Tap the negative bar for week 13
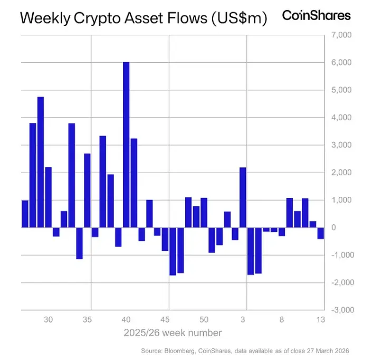320,233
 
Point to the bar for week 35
87,190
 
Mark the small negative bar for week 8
282,231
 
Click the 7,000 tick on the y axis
340,35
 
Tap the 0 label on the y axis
334,228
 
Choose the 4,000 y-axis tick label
340,118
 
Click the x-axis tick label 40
126,319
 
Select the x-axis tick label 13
320,319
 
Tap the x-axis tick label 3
243,319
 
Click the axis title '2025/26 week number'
173,333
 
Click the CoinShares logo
316,15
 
